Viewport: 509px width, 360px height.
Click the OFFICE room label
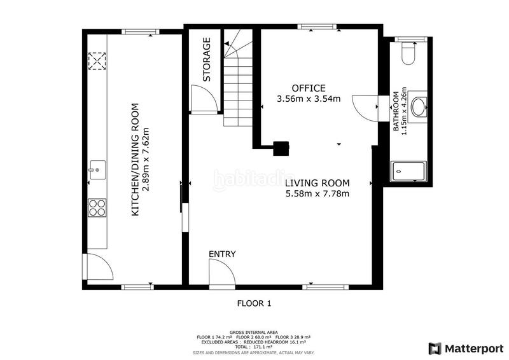click(309, 88)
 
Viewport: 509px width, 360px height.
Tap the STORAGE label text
click(207, 59)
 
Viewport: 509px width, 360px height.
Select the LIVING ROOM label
click(317, 183)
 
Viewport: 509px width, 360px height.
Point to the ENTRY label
click(222, 254)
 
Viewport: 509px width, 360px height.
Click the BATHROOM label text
click(396, 111)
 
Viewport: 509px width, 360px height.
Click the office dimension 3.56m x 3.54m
click(309, 99)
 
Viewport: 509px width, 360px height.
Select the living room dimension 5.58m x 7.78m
click(317, 194)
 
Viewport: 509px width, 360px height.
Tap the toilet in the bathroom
click(408, 53)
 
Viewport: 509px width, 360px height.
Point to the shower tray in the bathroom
click(408, 171)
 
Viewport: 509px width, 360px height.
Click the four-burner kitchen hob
click(97, 208)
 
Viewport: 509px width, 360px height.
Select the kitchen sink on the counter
click(97, 170)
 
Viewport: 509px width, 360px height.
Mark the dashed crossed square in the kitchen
click(97, 61)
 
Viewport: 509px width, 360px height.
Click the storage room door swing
click(204, 99)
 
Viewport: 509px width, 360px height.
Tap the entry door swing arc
click(221, 273)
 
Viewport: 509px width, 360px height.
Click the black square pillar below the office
click(281, 148)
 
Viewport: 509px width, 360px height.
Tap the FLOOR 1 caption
click(254, 303)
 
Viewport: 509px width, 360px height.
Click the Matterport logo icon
click(435, 349)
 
